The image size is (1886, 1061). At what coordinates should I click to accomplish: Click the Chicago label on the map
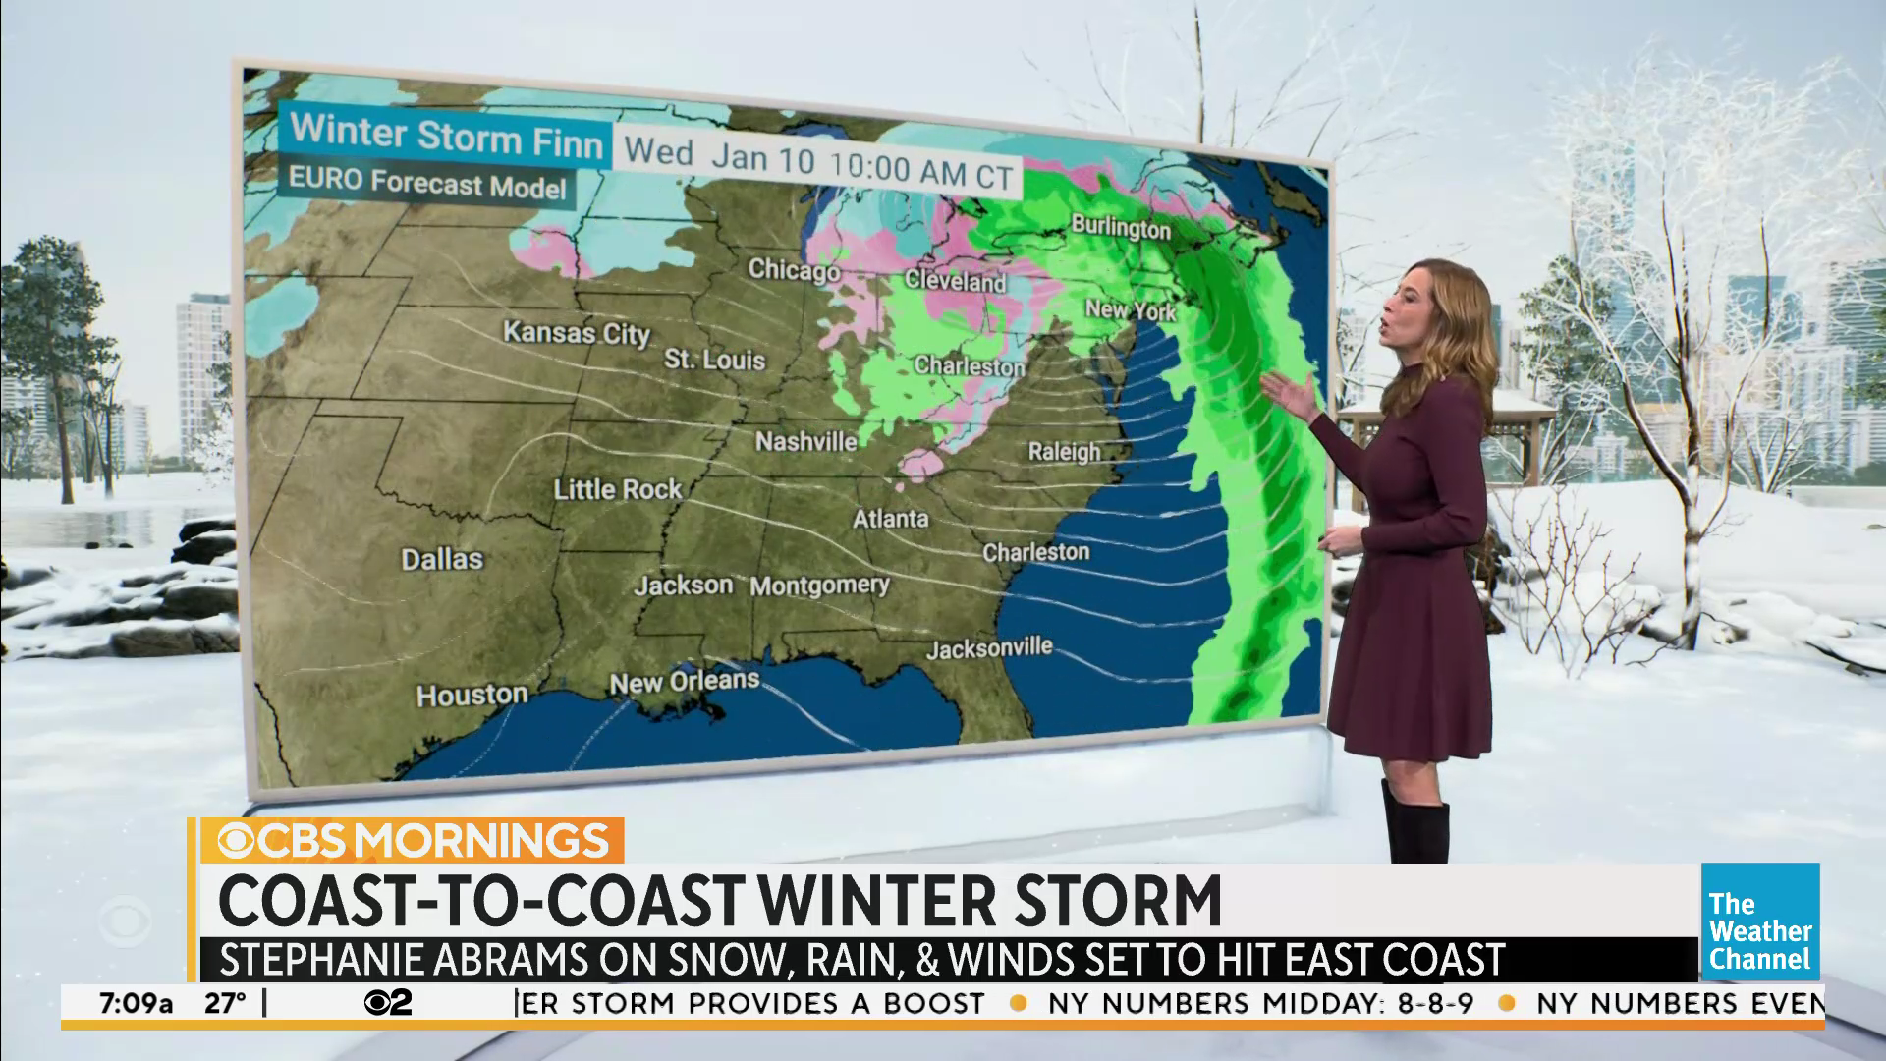[794, 268]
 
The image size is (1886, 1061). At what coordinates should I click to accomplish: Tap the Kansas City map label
[577, 332]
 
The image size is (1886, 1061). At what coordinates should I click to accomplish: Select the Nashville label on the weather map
[805, 442]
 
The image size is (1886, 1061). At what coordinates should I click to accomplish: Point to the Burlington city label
[1121, 227]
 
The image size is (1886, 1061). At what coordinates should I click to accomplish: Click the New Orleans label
[685, 681]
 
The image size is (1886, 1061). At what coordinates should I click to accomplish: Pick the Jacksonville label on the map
[989, 649]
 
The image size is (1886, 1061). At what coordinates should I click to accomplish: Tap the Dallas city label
[442, 559]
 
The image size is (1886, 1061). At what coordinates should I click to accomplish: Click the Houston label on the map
[471, 696]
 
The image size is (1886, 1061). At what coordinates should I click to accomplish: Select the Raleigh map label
[1064, 451]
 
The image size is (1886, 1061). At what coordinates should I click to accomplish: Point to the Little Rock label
[617, 489]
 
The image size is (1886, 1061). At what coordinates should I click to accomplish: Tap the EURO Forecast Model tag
[427, 185]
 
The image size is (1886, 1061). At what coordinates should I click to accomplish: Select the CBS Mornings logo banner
[413, 841]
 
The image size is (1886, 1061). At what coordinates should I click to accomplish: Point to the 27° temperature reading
[225, 1004]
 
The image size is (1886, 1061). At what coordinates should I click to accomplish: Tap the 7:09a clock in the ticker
[137, 1004]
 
